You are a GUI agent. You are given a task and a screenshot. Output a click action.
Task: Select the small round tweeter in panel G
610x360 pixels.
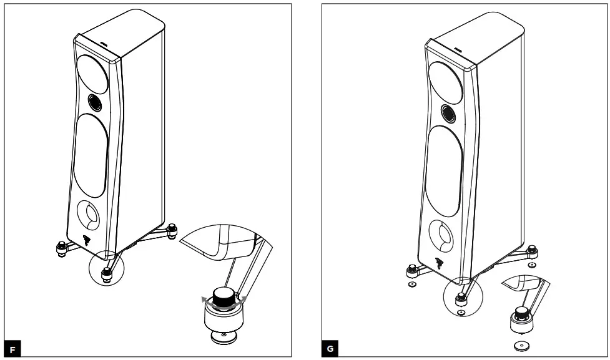(447, 113)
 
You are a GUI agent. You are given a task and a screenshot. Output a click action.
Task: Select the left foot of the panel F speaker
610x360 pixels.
(61, 248)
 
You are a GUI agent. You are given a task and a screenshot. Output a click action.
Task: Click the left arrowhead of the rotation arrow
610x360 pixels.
(204, 299)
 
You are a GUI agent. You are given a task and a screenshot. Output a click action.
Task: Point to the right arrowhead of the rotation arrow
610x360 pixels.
(244, 299)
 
